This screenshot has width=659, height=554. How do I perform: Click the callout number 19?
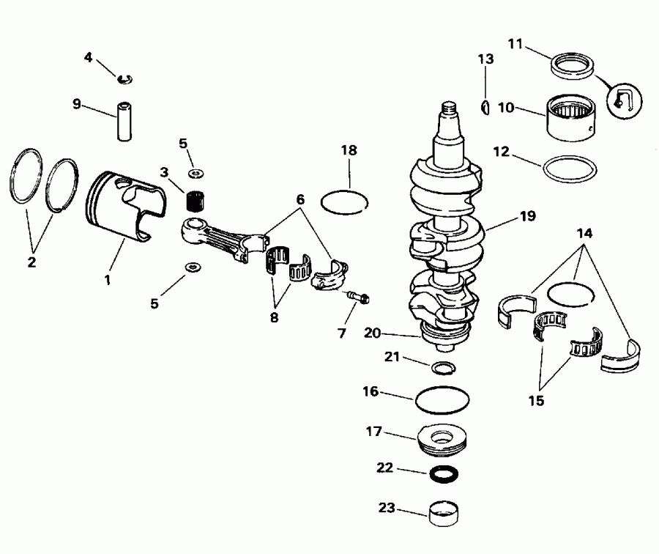527,216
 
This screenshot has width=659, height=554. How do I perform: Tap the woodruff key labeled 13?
484,108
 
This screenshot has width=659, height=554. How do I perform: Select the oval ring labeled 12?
568,167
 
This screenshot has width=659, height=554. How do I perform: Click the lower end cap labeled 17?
442,440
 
